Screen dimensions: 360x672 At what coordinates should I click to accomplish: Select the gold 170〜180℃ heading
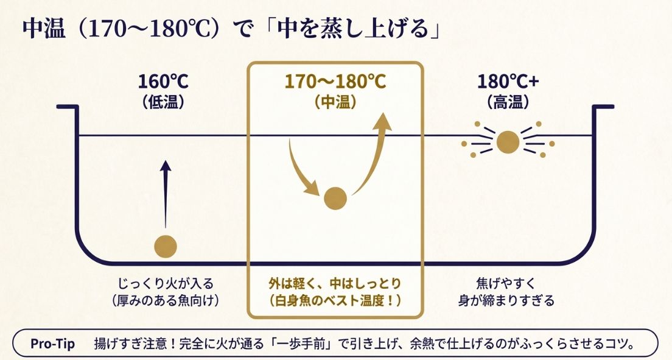click(x=335, y=82)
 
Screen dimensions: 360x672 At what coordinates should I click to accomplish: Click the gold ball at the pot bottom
click(x=166, y=246)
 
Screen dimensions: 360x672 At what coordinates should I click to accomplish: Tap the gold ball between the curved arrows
click(x=335, y=198)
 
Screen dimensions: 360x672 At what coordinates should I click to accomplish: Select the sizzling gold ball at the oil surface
click(x=508, y=143)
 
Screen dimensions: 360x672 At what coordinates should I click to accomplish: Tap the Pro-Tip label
click(x=53, y=344)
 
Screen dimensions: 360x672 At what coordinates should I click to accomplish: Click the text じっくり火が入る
click(x=166, y=284)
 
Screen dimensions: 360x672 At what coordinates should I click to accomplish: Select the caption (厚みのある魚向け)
click(x=166, y=300)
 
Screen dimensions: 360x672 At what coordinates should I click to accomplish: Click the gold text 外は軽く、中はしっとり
click(x=335, y=284)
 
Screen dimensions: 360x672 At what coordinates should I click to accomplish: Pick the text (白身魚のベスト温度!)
click(x=335, y=300)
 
